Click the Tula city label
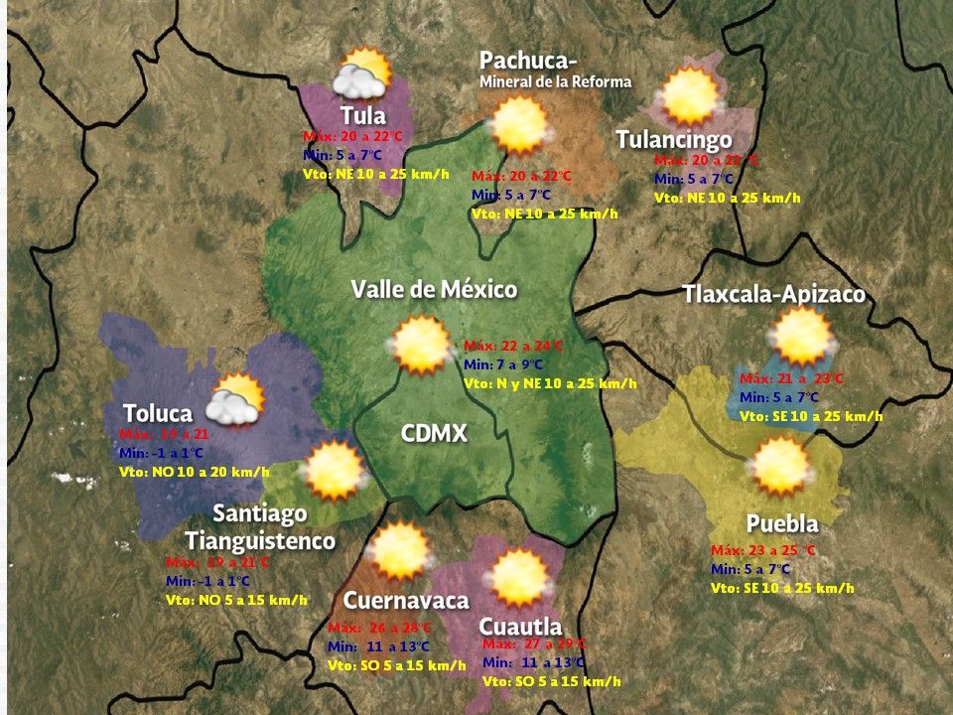(362, 115)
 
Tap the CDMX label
(434, 434)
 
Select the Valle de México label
(434, 290)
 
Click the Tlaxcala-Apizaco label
(773, 295)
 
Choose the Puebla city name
(782, 524)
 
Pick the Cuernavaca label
(405, 601)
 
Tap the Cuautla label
(520, 627)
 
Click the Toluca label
(157, 413)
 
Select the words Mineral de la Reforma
(555, 81)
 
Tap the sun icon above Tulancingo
(690, 95)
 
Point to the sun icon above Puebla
(781, 466)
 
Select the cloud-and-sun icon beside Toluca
(234, 399)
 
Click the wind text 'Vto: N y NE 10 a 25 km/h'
(550, 382)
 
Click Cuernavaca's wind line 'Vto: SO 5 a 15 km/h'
(396, 664)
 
